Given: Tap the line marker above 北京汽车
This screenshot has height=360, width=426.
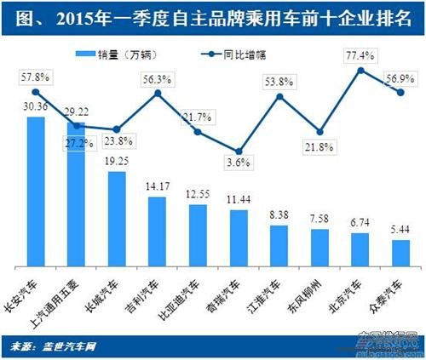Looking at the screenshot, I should [360, 70].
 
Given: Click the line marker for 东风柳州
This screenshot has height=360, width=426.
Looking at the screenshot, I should [319, 132].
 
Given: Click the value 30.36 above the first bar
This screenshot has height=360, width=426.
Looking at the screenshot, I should [36, 108].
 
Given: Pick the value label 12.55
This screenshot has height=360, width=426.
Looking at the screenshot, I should [198, 194].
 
